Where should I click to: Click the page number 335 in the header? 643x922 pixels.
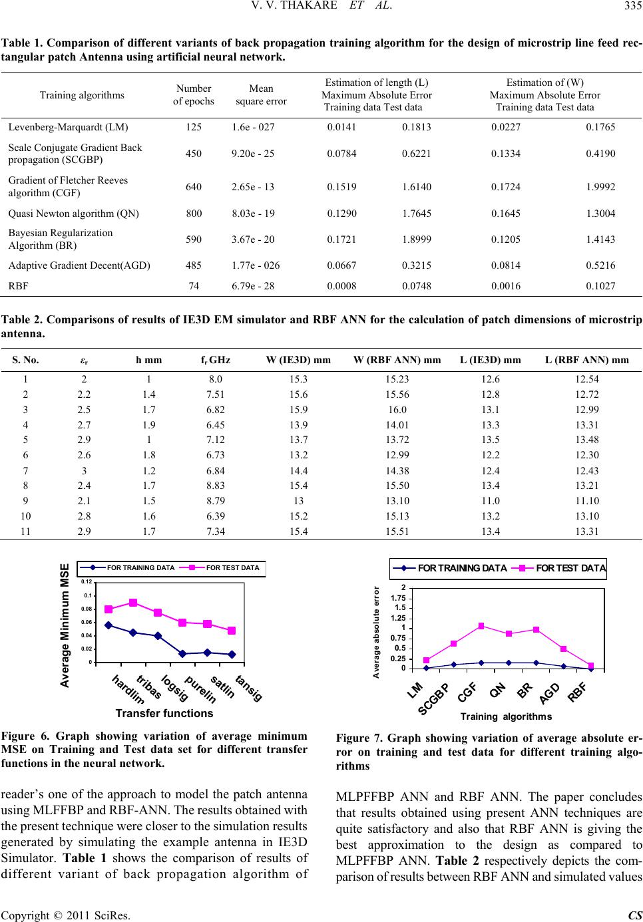pos(632,6)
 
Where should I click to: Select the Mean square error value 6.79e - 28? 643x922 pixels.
pos(253,286)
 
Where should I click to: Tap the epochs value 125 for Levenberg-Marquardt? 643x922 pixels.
pos(194,127)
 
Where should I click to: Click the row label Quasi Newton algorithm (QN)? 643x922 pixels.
pos(73,214)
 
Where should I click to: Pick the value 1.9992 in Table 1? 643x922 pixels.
pos(600,187)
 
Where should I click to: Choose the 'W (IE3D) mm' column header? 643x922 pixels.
pos(298,360)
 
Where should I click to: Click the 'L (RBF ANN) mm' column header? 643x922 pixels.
pos(587,360)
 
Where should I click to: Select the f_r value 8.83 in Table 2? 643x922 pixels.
pos(216,486)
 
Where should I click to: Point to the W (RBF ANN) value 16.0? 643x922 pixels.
pos(397,410)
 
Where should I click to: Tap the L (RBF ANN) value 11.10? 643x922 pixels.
pos(587,501)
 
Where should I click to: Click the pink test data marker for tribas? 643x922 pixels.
pos(133,603)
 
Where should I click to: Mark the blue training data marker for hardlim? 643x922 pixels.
pos(108,625)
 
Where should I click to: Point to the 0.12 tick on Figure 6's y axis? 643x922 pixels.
pos(87,581)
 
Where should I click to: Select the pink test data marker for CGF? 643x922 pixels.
pos(481,626)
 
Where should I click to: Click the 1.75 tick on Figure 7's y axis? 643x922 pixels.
pos(398,598)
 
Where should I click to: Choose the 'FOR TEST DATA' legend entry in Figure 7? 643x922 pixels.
pos(559,568)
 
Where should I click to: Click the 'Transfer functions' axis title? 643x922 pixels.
pos(164,713)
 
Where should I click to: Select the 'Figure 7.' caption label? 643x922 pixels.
pos(359,738)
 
